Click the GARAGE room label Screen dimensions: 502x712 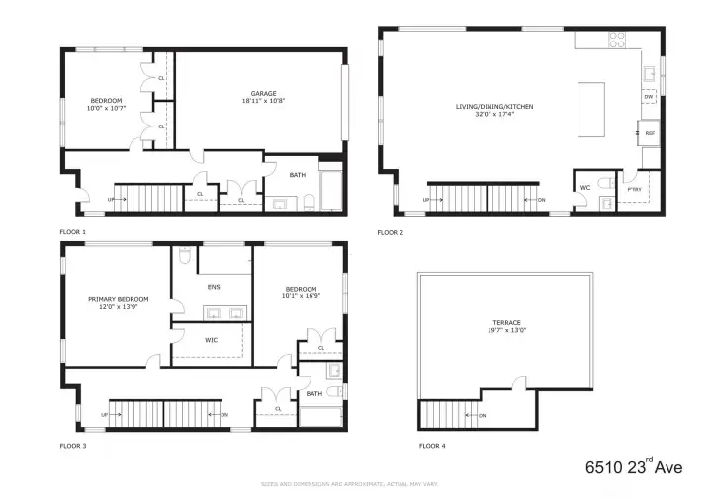coord(262,94)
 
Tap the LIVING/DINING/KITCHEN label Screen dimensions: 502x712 coord(484,107)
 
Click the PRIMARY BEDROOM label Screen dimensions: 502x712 coord(118,299)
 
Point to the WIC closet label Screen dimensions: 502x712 coord(211,340)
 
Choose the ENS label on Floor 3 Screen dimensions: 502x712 coord(214,287)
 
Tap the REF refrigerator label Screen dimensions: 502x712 coord(650,132)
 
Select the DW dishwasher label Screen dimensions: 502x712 coord(649,97)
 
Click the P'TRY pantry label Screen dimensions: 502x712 coord(635,188)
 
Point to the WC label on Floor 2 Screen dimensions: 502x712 coord(584,187)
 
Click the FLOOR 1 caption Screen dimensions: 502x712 coord(72,232)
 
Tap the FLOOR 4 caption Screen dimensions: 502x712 coord(432,447)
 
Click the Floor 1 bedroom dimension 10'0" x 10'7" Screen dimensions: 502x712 coord(105,107)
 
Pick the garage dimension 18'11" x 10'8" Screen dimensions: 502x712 coord(262,101)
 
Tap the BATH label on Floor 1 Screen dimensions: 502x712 coord(298,175)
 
